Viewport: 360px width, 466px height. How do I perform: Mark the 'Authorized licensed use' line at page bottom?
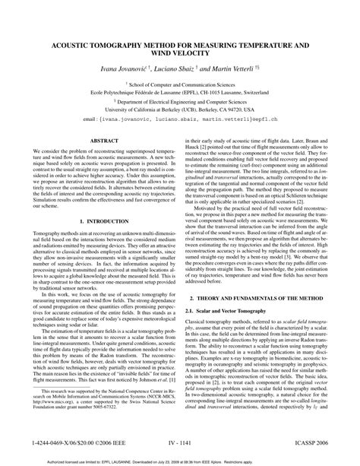tap(180, 461)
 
